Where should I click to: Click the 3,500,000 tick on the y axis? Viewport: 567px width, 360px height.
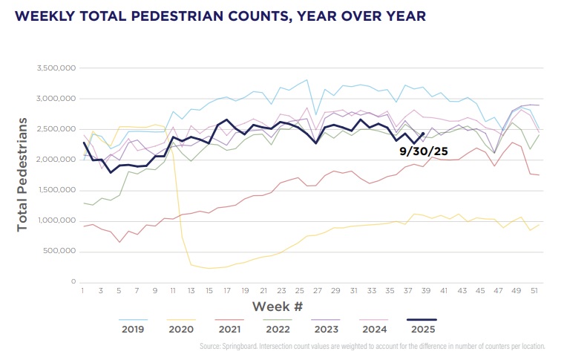point(57,68)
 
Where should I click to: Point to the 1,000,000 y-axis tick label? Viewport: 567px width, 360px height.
point(57,221)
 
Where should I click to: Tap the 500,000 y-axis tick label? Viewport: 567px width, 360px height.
point(59,252)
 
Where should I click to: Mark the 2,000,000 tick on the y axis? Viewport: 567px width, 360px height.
point(57,160)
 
